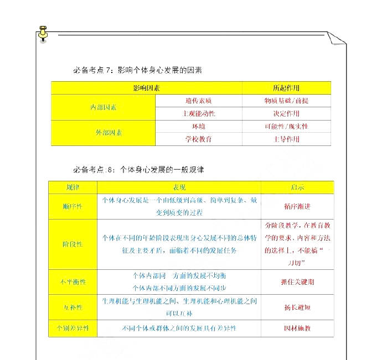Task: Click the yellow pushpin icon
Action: [43, 33]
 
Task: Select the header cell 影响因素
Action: [147, 88]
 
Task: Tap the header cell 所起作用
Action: [286, 88]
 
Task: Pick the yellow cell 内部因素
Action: [104, 107]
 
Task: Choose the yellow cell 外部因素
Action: [104, 133]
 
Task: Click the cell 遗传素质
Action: [199, 101]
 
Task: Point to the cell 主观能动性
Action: [199, 113]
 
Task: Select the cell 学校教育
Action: [199, 139]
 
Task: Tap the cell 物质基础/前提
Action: [286, 101]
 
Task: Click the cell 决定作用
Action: [286, 113]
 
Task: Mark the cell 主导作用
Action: [286, 139]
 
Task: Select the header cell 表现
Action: [179, 187]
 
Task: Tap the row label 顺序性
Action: [73, 206]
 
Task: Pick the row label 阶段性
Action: [73, 244]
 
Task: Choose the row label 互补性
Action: [73, 307]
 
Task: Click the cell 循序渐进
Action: [297, 206]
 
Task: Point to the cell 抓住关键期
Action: [297, 281]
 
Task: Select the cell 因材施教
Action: [297, 328]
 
